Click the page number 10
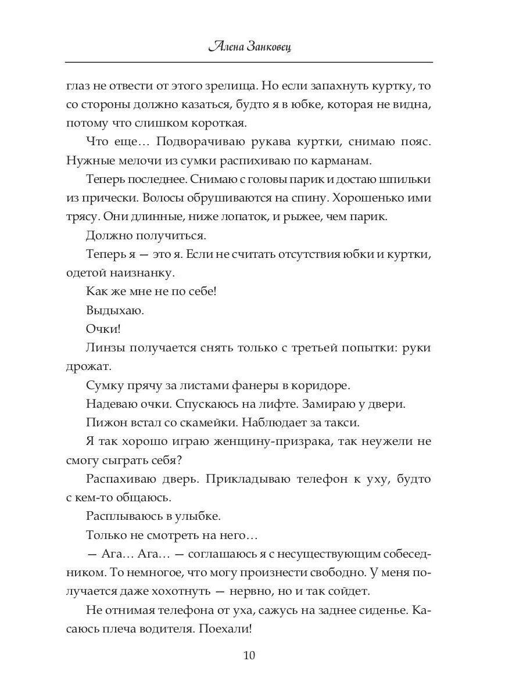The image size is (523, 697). (249, 656)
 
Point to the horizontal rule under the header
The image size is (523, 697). (249, 62)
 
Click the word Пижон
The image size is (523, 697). (103, 423)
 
